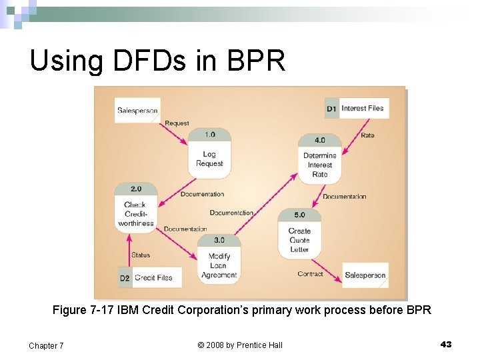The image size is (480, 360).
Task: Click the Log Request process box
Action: click(209, 154)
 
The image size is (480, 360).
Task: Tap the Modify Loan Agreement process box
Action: click(219, 259)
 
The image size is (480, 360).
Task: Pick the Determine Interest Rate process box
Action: click(320, 159)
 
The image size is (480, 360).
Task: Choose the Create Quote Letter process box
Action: click(299, 235)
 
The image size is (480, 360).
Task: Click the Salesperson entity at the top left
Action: click(137, 111)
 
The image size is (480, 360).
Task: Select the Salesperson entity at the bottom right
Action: click(365, 275)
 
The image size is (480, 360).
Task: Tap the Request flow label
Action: click(177, 123)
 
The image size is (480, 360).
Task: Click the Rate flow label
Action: click(367, 135)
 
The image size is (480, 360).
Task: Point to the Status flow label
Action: click(141, 255)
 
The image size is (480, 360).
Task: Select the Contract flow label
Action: click(310, 274)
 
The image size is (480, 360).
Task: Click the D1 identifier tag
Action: click(332, 109)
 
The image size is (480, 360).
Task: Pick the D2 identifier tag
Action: click(125, 278)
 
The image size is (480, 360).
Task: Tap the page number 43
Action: click(446, 344)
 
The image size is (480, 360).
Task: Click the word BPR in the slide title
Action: click(257, 61)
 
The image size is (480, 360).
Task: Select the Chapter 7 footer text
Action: click(46, 345)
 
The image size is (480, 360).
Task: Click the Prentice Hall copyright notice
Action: click(240, 345)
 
